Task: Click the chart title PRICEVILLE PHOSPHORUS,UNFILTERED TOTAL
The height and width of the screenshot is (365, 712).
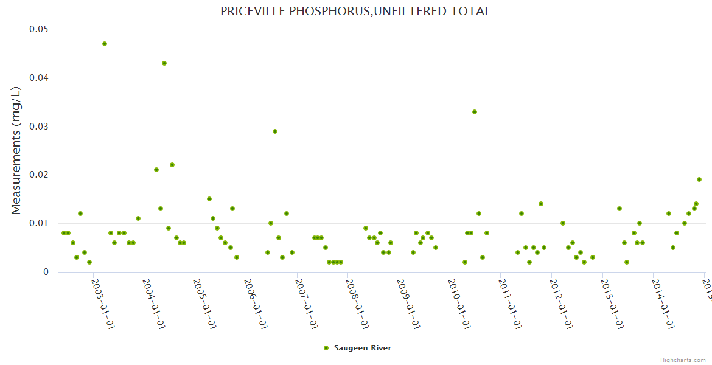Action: [355, 12]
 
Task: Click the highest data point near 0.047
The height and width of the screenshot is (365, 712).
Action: [105, 44]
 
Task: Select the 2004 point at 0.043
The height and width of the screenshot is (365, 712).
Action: [164, 63]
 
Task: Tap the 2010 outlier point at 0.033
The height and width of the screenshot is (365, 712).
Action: [475, 112]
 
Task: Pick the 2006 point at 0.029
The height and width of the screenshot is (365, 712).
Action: [275, 131]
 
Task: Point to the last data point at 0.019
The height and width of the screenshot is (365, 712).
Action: [699, 179]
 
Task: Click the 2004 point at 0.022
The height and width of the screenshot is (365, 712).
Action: [172, 165]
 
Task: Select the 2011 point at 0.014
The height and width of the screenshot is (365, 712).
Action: [541, 204]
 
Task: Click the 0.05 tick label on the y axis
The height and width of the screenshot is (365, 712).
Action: [39, 29]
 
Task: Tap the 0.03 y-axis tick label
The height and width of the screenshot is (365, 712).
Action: [39, 127]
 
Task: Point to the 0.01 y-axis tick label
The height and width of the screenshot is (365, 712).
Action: [39, 223]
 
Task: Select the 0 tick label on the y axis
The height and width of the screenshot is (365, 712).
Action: [46, 272]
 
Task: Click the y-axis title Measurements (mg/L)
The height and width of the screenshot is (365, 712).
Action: [16, 150]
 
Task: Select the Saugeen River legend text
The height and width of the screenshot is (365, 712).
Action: [363, 348]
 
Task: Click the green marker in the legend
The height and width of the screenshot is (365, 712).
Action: [326, 348]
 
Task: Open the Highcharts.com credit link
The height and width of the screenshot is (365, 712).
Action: [683, 360]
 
